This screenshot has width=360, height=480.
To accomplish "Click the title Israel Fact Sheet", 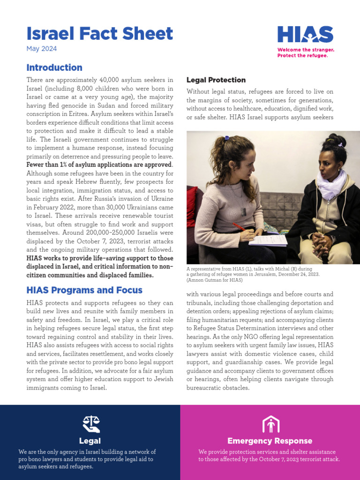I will point(99,34).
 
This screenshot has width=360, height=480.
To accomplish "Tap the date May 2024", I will point(41,48).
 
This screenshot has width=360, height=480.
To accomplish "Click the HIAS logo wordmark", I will point(305,35).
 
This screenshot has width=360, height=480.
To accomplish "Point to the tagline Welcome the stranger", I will point(306,50).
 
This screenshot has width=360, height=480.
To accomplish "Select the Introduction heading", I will point(54,67).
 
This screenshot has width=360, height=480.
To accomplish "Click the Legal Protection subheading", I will point(216,80).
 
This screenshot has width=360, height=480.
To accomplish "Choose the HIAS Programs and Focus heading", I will point(84,290).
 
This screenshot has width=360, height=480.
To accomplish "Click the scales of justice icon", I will point(90,423).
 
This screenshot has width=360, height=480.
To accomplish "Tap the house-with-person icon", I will point(270,424).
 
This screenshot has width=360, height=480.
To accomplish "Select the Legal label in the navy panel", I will point(90,441).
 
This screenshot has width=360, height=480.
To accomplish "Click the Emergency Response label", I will point(270,441).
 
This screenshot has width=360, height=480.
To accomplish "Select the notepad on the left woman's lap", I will point(268,240).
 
